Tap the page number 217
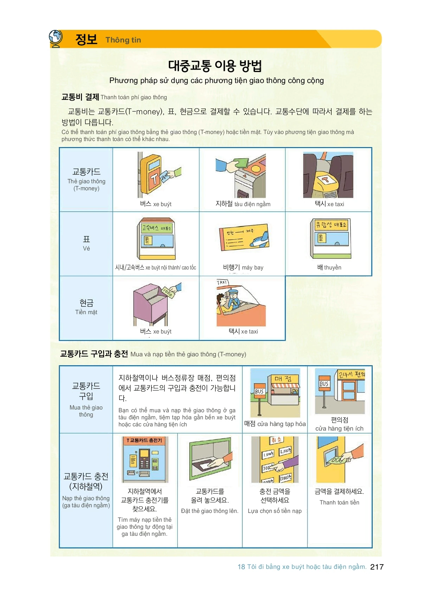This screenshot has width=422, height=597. [377, 567]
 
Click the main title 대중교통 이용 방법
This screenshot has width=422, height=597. [215, 65]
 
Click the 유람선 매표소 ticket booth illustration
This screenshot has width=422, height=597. [330, 238]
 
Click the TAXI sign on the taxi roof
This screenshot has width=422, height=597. [222, 282]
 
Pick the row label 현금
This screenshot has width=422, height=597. [86, 303]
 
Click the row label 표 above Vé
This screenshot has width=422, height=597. [86, 239]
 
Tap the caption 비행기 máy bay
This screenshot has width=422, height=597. [243, 267]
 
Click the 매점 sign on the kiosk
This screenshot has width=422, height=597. [283, 379]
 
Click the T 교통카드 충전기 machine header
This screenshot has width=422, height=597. [144, 440]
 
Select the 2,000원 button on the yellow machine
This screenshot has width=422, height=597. [285, 451]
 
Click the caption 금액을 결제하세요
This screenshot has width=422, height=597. [339, 491]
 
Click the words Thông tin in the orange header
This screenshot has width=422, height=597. [123, 40]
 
